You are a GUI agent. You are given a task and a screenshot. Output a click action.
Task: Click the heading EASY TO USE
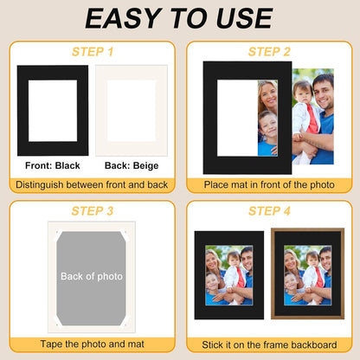click(x=180, y=19)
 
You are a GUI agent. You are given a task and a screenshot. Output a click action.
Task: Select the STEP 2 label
click(x=268, y=52)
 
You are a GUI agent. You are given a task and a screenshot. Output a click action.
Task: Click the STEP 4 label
click(x=268, y=211)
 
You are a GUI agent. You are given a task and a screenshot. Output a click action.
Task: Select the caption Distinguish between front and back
click(x=91, y=184)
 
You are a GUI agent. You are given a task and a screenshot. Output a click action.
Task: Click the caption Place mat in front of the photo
click(x=268, y=184)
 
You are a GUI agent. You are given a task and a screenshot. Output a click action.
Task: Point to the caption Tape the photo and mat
click(x=91, y=344)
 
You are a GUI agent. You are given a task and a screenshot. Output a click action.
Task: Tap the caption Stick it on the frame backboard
click(x=268, y=344)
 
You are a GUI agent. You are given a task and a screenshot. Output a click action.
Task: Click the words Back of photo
click(x=91, y=277)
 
